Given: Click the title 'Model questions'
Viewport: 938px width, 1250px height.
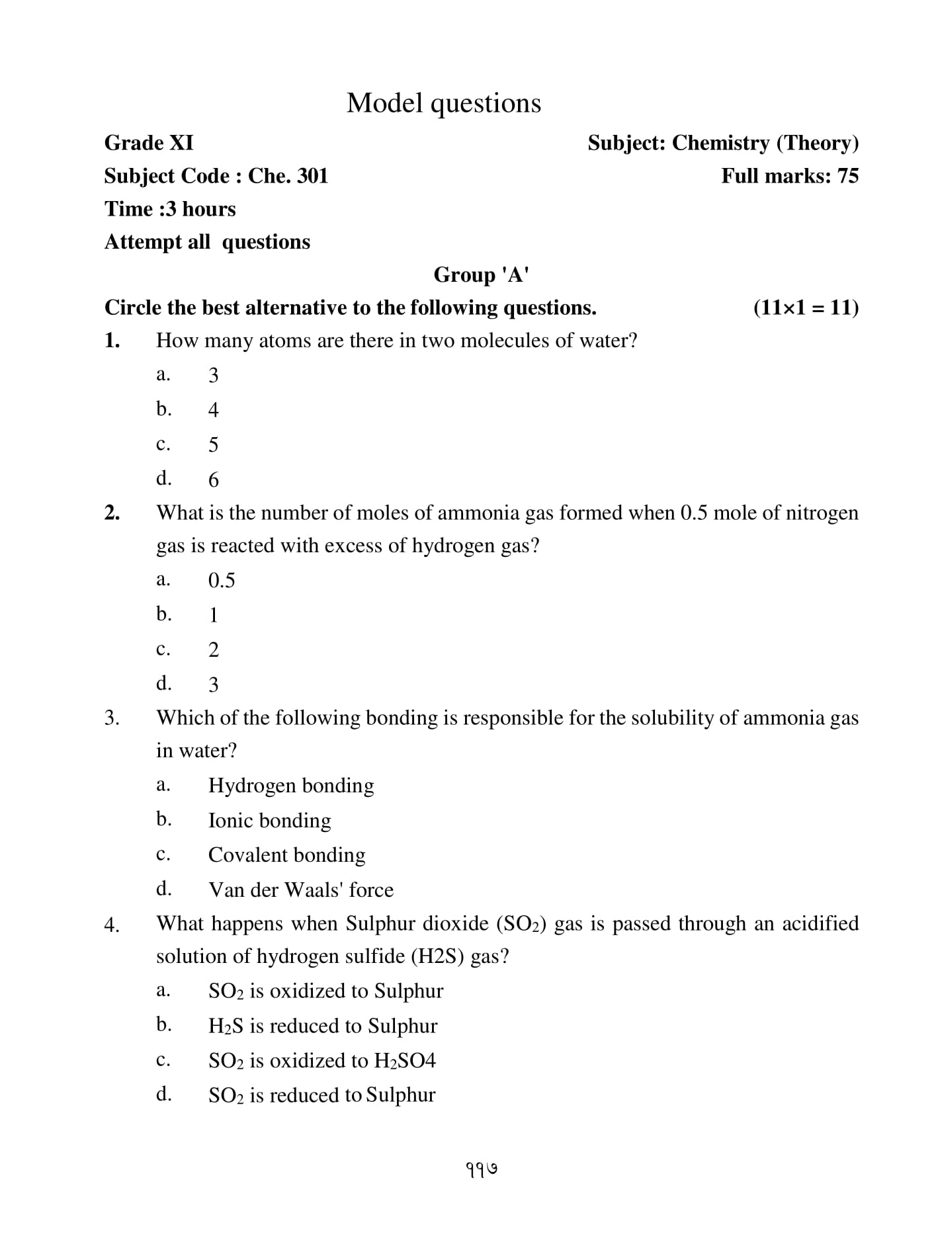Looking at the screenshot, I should pyautogui.click(x=443, y=103).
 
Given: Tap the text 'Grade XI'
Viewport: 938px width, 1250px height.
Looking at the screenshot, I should pyautogui.click(x=149, y=143).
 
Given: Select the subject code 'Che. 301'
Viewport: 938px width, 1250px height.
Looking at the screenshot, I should pyautogui.click(x=288, y=176).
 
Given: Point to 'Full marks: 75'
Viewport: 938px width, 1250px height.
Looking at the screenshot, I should pyautogui.click(x=789, y=176).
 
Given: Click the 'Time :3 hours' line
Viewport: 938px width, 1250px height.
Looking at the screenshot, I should pyautogui.click(x=170, y=209).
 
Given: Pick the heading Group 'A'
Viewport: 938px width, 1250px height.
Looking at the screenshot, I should pyautogui.click(x=481, y=274).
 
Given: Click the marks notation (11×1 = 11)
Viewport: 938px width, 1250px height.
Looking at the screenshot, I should pyautogui.click(x=806, y=308).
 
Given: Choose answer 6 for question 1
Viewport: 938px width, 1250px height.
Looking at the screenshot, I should pyautogui.click(x=213, y=479).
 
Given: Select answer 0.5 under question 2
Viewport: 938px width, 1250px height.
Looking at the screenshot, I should pyautogui.click(x=222, y=581).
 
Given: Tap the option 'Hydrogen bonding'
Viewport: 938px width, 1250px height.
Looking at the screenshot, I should pyautogui.click(x=291, y=786).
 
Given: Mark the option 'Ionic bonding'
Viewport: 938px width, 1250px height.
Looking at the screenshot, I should pyautogui.click(x=269, y=821).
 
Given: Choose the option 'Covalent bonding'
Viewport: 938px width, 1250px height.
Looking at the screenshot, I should pyautogui.click(x=286, y=855).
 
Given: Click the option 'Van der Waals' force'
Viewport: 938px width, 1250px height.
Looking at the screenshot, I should pyautogui.click(x=300, y=890).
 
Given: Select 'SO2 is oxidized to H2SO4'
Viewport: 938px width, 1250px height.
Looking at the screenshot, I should pyautogui.click(x=321, y=1061).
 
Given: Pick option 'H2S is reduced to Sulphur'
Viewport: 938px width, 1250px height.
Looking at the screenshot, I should pyautogui.click(x=323, y=1026).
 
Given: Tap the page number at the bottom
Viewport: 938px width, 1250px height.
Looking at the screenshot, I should pyautogui.click(x=482, y=1169).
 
